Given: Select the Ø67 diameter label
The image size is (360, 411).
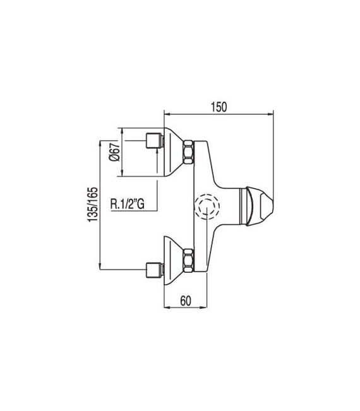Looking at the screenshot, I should tap(114, 153).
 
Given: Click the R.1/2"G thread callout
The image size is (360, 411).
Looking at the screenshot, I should tap(128, 203).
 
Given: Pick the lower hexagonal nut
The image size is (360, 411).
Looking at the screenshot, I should tap(188, 260).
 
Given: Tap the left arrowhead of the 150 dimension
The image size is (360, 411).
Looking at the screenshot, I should tap(167, 114).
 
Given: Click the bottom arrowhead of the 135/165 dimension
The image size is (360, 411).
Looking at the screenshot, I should tap(102, 270).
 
